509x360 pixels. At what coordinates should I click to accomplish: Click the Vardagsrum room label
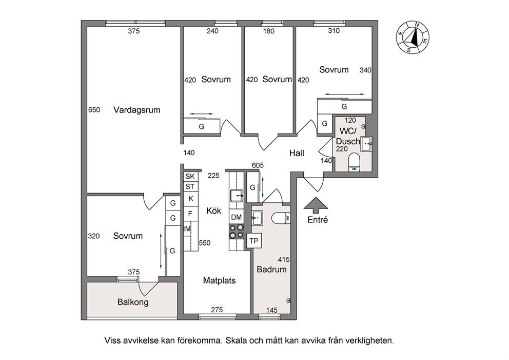tap(136, 110)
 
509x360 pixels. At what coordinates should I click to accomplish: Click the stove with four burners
tap(237, 231)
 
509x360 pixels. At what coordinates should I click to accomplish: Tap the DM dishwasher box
tap(237, 217)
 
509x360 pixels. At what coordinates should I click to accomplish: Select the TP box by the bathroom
tap(254, 241)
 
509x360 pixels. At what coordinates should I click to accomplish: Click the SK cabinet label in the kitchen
tap(190, 177)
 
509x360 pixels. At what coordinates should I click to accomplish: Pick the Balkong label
tap(133, 302)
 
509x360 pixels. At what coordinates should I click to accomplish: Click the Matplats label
tap(219, 280)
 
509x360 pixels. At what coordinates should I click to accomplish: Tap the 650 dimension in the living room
tap(94, 110)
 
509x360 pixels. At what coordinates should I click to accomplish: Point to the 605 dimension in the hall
tap(258, 165)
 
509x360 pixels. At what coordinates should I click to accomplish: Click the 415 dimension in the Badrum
tap(284, 260)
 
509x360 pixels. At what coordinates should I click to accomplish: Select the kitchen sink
tap(237, 196)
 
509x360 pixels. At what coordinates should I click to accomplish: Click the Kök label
tap(213, 211)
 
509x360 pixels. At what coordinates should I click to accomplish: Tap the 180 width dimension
tap(268, 31)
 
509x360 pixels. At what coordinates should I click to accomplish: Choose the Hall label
tap(297, 153)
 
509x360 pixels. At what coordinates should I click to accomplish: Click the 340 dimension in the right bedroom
tap(365, 70)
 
